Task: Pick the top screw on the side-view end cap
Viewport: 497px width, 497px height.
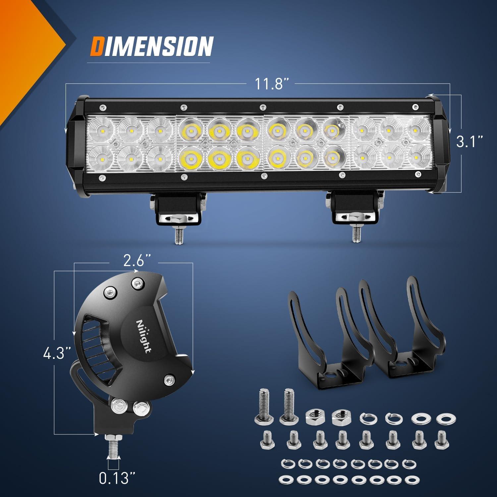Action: point(137,282)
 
